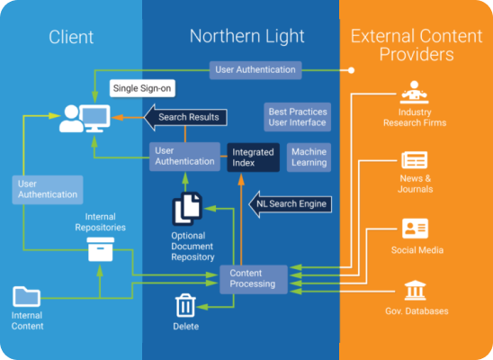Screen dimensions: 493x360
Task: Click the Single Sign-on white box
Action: pos(142,88)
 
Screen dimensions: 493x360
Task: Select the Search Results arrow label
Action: pos(185,117)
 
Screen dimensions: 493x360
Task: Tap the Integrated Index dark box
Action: pos(253,157)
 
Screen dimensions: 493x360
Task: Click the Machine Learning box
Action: pos(309,157)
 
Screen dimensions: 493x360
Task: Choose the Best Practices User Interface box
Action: pos(298,117)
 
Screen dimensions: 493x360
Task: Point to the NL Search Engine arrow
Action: pos(291,204)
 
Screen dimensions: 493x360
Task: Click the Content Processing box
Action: pos(254,279)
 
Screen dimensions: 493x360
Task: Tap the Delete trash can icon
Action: pos(185,306)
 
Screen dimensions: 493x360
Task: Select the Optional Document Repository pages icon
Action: pos(187,209)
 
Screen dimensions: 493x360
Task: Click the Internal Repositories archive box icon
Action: pos(100,249)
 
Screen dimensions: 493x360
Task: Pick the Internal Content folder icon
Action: pos(26,296)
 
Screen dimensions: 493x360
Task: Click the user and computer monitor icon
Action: pos(85,118)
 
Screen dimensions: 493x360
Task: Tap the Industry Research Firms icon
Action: pos(414,92)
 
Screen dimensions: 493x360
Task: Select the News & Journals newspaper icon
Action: pos(415,160)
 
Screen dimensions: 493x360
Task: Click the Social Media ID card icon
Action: pos(415,229)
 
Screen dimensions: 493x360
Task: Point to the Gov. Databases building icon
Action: pos(415,290)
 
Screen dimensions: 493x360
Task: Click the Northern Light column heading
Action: pos(246,36)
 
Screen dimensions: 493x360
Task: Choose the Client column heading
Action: pos(71,37)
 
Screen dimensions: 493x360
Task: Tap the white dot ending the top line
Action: pos(351,70)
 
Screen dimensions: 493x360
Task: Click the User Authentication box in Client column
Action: pos(48,190)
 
